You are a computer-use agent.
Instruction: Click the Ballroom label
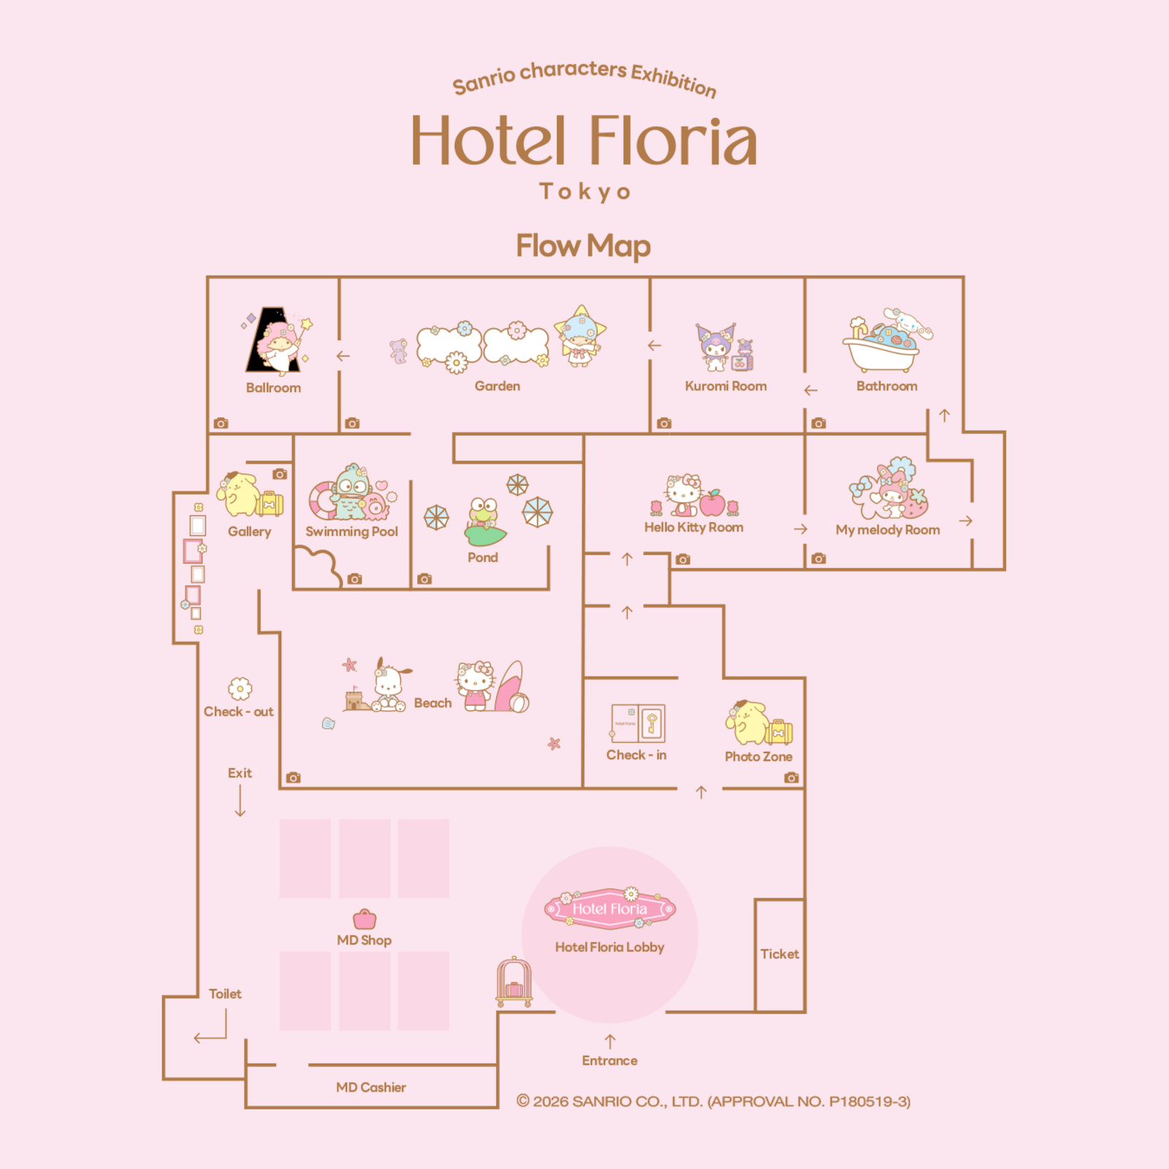pyautogui.click(x=273, y=388)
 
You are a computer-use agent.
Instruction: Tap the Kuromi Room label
pyautogui.click(x=726, y=387)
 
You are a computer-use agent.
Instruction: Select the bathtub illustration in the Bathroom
pyautogui.click(x=881, y=350)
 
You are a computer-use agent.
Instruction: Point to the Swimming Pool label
pyautogui.click(x=351, y=532)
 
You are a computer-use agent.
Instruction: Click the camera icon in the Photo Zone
pyautogui.click(x=791, y=777)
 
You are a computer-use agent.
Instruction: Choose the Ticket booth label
pyautogui.click(x=780, y=954)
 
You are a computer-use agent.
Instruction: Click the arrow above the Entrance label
pyautogui.click(x=610, y=1041)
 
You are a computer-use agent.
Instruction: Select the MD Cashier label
pyautogui.click(x=371, y=1087)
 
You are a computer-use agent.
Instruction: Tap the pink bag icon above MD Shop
pyautogui.click(x=365, y=919)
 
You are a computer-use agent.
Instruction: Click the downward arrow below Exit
pyautogui.click(x=240, y=801)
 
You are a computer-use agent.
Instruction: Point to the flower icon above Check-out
pyautogui.click(x=240, y=689)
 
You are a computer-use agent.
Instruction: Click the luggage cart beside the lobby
pyautogui.click(x=514, y=982)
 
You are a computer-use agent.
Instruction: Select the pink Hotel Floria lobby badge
pyautogui.click(x=610, y=909)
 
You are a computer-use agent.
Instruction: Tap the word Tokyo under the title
pyautogui.click(x=584, y=192)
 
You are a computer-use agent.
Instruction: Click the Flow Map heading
pyautogui.click(x=584, y=246)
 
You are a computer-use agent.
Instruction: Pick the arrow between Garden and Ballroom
pyautogui.click(x=343, y=356)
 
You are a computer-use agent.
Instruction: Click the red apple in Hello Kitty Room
pyautogui.click(x=712, y=503)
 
